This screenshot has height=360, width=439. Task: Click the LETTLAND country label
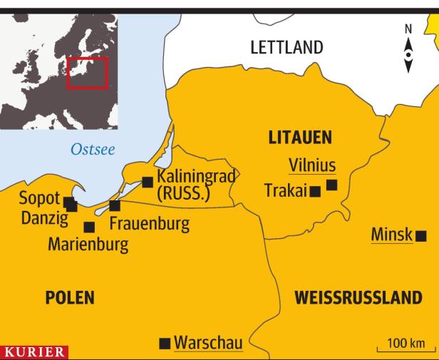click(286, 48)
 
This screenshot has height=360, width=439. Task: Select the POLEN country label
click(70, 297)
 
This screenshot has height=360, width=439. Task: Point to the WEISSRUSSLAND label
click(358, 297)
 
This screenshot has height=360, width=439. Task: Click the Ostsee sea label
click(93, 150)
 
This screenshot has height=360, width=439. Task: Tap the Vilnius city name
click(311, 165)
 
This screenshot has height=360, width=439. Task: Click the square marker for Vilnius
click(331, 185)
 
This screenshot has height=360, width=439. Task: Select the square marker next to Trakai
click(314, 192)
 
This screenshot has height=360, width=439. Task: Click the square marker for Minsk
click(422, 235)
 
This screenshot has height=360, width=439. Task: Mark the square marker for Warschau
click(165, 344)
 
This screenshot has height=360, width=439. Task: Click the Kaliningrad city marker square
click(148, 182)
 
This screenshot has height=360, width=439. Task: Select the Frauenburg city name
click(150, 224)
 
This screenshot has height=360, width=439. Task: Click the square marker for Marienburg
click(89, 227)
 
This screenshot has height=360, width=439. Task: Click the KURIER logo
click(34, 352)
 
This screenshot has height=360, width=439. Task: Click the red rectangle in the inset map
click(87, 73)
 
